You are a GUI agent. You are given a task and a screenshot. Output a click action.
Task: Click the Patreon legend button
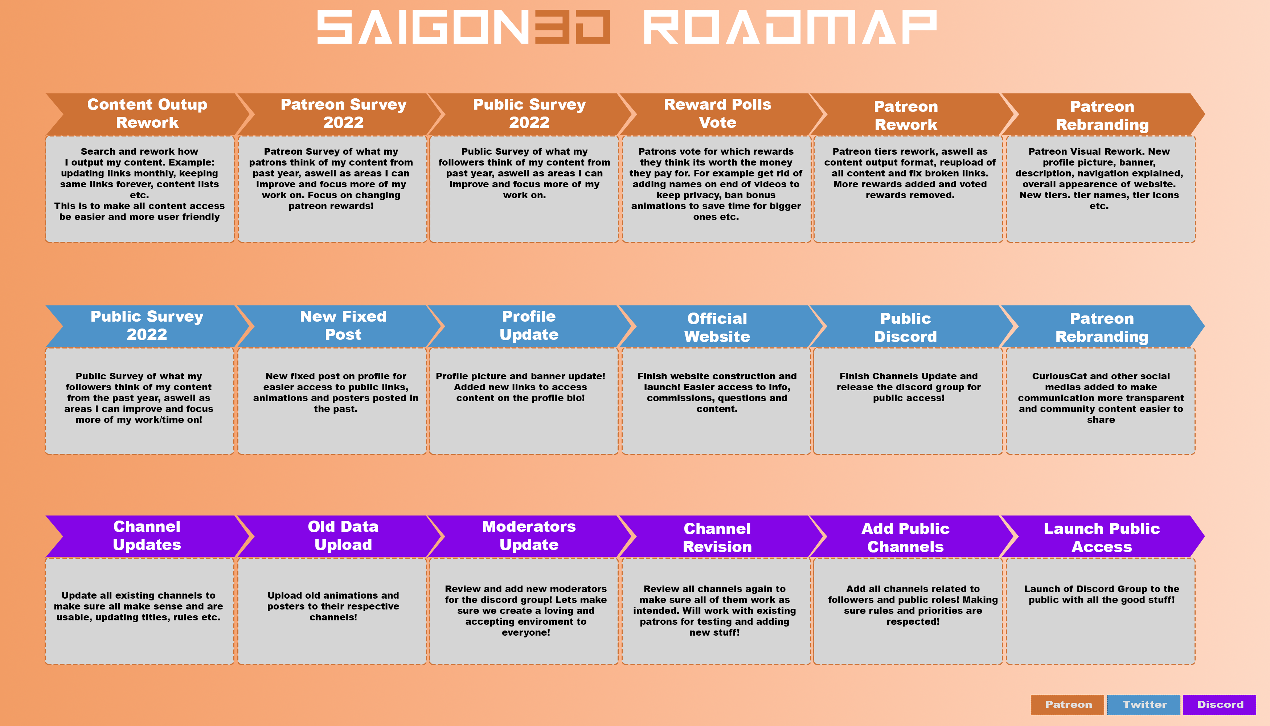click(1067, 704)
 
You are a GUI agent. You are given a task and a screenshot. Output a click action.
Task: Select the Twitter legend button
click(1143, 704)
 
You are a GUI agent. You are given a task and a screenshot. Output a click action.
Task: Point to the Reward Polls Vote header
click(718, 114)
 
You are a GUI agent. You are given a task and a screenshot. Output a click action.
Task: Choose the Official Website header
click(717, 327)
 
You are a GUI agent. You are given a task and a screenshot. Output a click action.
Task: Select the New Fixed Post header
click(343, 326)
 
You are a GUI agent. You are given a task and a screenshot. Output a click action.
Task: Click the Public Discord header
click(906, 327)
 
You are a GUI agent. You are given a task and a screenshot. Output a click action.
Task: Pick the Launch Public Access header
click(1102, 537)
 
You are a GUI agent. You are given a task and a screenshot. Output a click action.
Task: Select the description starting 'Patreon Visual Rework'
click(1099, 179)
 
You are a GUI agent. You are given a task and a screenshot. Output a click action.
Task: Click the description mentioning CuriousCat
click(1101, 398)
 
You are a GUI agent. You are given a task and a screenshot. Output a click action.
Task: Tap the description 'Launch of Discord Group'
click(1102, 594)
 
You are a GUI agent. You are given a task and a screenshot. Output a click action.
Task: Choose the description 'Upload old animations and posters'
click(333, 606)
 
